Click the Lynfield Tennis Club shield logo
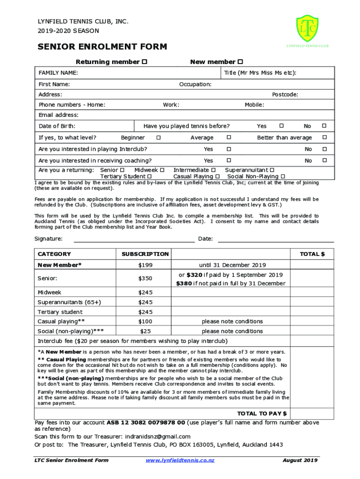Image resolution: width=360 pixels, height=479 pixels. click(x=307, y=29)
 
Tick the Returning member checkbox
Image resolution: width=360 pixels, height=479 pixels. click(x=145, y=62)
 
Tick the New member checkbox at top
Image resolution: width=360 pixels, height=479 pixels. click(x=240, y=62)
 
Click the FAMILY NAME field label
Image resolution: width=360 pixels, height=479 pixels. click(x=58, y=73)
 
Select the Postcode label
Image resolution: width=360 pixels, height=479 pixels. click(x=285, y=94)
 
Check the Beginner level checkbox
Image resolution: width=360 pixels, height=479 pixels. click(x=158, y=138)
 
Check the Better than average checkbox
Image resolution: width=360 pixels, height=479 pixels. click(x=323, y=138)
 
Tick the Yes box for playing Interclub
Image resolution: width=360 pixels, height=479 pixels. click(x=229, y=149)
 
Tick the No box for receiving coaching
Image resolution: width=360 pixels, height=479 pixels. click(x=323, y=160)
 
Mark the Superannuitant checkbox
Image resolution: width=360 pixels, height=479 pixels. click(x=272, y=170)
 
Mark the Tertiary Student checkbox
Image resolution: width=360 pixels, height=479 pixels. click(x=149, y=176)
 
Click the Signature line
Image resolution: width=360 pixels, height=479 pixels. click(x=135, y=240)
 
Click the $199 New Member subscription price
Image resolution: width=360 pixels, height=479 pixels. click(x=145, y=265)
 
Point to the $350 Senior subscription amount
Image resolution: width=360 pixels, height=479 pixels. click(x=145, y=278)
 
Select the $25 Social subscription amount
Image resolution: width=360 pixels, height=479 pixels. click(x=145, y=331)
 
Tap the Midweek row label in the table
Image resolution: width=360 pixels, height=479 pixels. click(x=50, y=292)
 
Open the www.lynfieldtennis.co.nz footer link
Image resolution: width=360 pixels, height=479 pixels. click(x=180, y=460)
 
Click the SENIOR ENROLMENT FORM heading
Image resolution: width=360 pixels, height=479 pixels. click(x=102, y=46)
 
